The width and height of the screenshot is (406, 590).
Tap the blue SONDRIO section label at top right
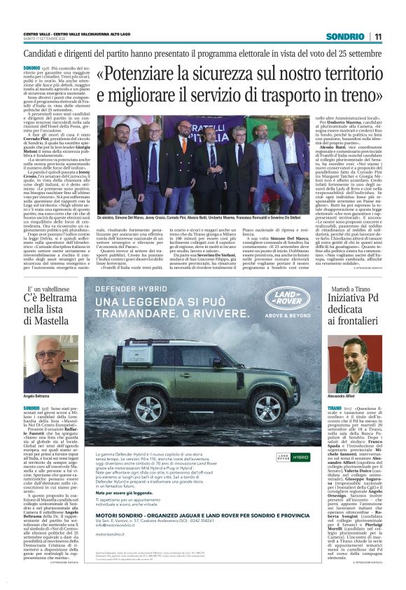pos(349,36)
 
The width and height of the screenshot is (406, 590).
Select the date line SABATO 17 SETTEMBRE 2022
pos(49,39)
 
